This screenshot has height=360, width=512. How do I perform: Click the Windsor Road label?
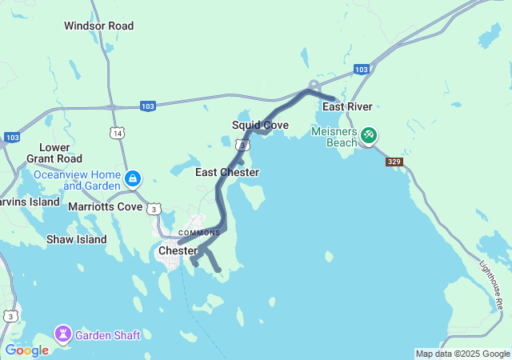99,26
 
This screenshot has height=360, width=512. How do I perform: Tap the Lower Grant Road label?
54,153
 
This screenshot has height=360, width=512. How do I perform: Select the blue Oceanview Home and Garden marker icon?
134,178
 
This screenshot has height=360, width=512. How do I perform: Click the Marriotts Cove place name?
106,206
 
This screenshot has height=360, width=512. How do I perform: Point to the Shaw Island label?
76,239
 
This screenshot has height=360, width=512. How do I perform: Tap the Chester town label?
178,250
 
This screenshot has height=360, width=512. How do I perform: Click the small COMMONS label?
199,233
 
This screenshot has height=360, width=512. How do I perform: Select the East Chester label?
227,172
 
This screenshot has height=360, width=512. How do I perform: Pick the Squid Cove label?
260,125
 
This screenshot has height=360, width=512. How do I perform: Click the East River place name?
346,106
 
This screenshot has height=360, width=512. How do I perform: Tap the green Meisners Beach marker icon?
368,134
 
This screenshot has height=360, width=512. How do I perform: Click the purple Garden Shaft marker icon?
62,332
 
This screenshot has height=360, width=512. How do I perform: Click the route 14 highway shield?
118,133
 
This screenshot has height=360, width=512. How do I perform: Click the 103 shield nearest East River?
362,70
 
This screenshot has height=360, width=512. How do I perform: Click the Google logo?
26,350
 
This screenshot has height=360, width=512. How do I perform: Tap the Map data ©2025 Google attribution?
462,354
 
